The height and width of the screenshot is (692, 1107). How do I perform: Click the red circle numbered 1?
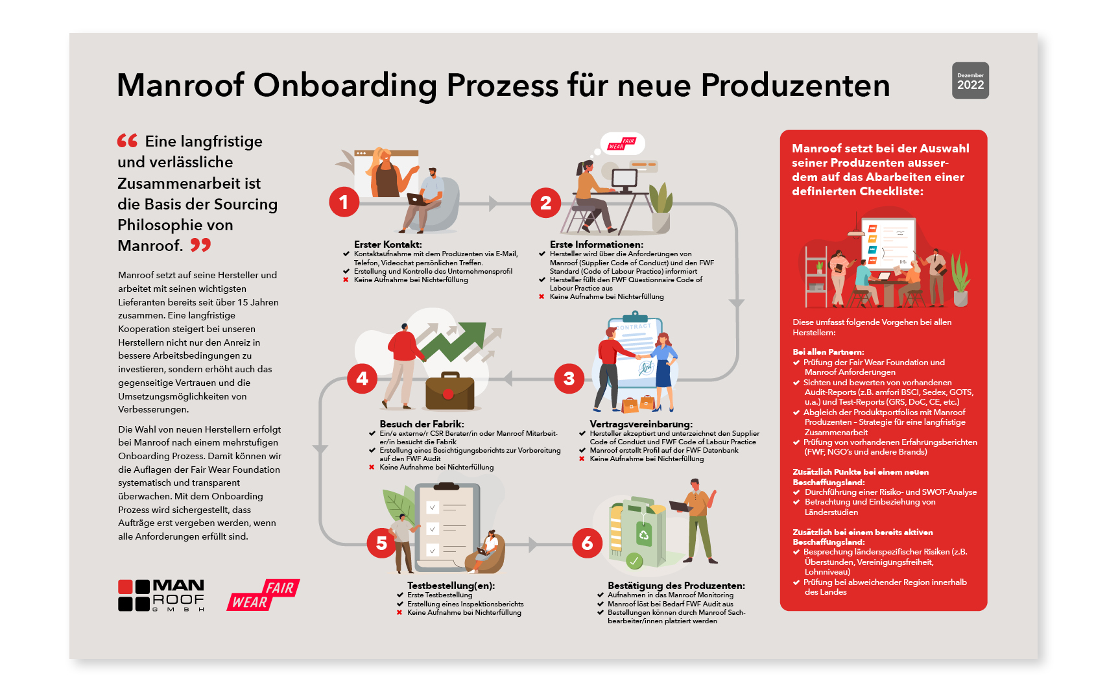point(344,202)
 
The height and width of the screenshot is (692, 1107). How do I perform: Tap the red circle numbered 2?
point(546,202)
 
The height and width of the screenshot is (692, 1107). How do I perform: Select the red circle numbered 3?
point(569,378)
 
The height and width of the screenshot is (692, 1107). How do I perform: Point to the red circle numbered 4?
point(362,378)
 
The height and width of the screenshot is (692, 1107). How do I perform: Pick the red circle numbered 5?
point(381,543)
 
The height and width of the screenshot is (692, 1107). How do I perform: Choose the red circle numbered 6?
point(587,543)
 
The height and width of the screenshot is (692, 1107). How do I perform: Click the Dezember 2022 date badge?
point(970,80)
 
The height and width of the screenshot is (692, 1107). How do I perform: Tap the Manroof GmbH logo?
point(161,595)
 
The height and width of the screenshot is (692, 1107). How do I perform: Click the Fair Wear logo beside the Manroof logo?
point(263,595)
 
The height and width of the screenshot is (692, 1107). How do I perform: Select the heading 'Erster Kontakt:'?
point(388,245)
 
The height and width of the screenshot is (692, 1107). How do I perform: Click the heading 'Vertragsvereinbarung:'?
point(641,424)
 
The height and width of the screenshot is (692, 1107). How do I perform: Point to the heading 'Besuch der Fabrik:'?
point(422,424)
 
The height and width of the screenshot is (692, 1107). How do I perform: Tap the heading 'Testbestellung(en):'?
point(451,586)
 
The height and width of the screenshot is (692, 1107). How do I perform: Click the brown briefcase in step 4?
point(449,391)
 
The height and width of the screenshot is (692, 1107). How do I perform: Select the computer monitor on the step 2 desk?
point(625,180)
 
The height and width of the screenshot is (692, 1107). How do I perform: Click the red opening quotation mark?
point(127,141)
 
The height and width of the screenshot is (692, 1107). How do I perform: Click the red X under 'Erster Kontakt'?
point(346,280)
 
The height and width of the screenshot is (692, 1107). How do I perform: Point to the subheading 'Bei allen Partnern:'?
point(828,352)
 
